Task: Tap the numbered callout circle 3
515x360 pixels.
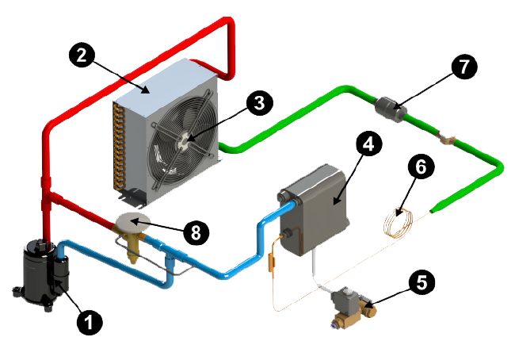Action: (x=258, y=102)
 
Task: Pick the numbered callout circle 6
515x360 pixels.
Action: (x=421, y=167)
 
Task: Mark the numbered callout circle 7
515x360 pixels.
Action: (x=463, y=67)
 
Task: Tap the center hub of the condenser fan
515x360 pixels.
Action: (x=183, y=140)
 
